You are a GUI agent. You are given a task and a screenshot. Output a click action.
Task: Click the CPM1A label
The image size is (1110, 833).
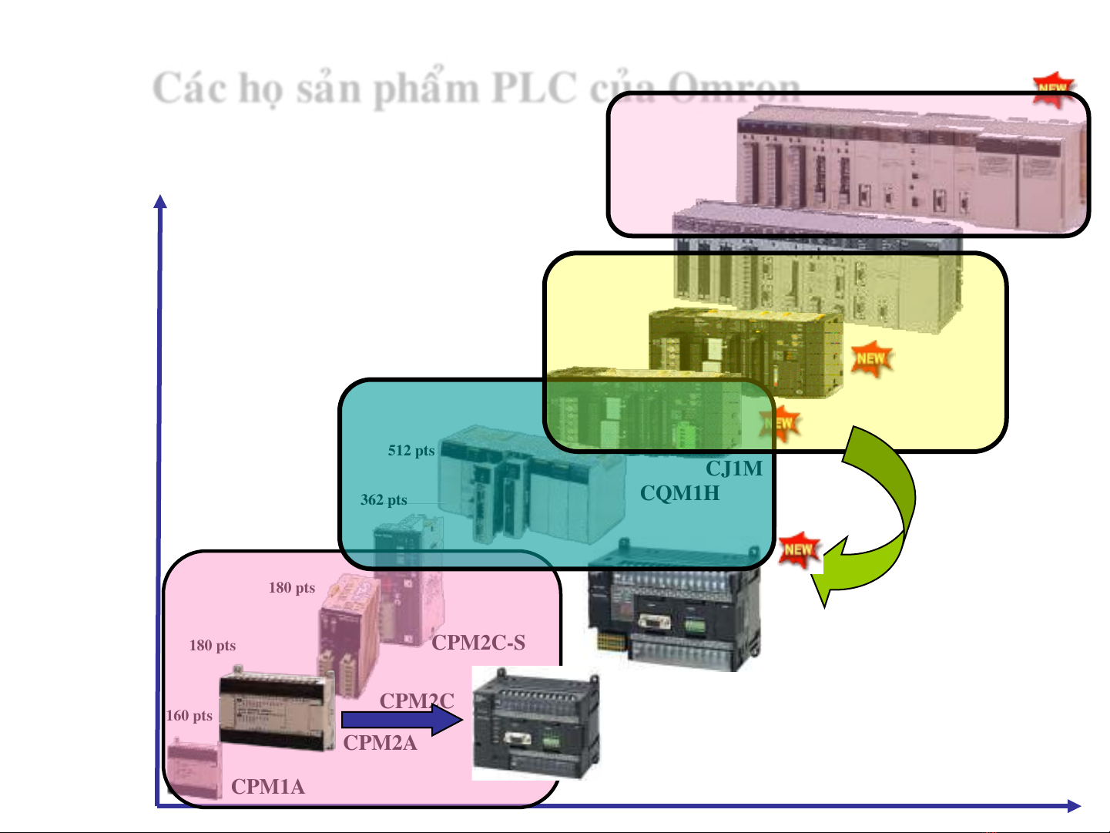[267, 786]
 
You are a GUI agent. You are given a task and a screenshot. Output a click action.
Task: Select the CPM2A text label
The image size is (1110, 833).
[380, 742]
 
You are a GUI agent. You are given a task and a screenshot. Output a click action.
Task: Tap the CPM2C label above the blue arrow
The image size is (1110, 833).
[417, 700]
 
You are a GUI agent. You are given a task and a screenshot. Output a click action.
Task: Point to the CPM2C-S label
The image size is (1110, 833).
[478, 642]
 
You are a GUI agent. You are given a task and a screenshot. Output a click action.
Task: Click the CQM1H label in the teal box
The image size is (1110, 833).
[679, 492]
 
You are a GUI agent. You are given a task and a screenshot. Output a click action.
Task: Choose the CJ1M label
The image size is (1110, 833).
[734, 468]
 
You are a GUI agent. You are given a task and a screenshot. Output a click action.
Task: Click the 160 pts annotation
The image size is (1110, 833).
[189, 715]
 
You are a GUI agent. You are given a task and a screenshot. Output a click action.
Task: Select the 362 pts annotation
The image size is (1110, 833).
[384, 499]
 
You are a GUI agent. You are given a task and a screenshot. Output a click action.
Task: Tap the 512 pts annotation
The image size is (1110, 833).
[411, 450]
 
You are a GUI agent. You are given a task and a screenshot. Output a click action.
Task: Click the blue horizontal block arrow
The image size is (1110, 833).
[401, 720]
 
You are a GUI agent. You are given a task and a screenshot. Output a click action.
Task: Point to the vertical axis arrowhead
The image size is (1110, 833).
[160, 202]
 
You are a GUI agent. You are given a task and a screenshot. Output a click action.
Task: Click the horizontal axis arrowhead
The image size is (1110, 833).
[1074, 806]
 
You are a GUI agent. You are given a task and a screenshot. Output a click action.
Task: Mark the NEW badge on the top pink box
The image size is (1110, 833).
[1053, 89]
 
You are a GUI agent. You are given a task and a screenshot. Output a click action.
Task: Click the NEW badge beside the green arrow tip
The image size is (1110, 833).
[799, 549]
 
